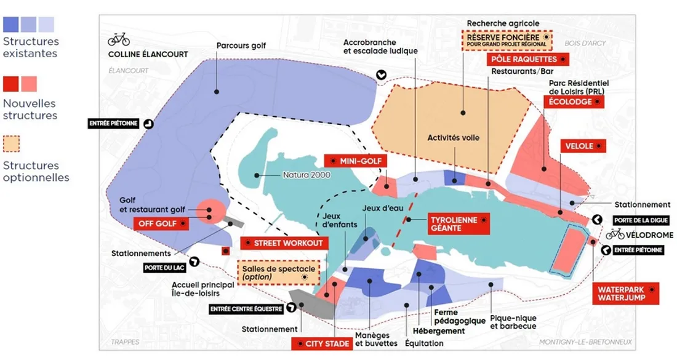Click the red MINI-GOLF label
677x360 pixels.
[x=356, y=161]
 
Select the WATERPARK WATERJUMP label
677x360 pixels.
[x=626, y=294]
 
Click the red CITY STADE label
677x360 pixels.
[x=321, y=343]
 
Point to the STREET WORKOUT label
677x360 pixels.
[x=284, y=243]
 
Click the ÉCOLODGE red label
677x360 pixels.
[x=574, y=102]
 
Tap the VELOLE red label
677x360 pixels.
[x=582, y=146]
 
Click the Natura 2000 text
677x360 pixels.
[x=306, y=175]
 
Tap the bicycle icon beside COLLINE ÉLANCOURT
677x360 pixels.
[x=119, y=39]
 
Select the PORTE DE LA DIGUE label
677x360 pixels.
[x=640, y=220]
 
